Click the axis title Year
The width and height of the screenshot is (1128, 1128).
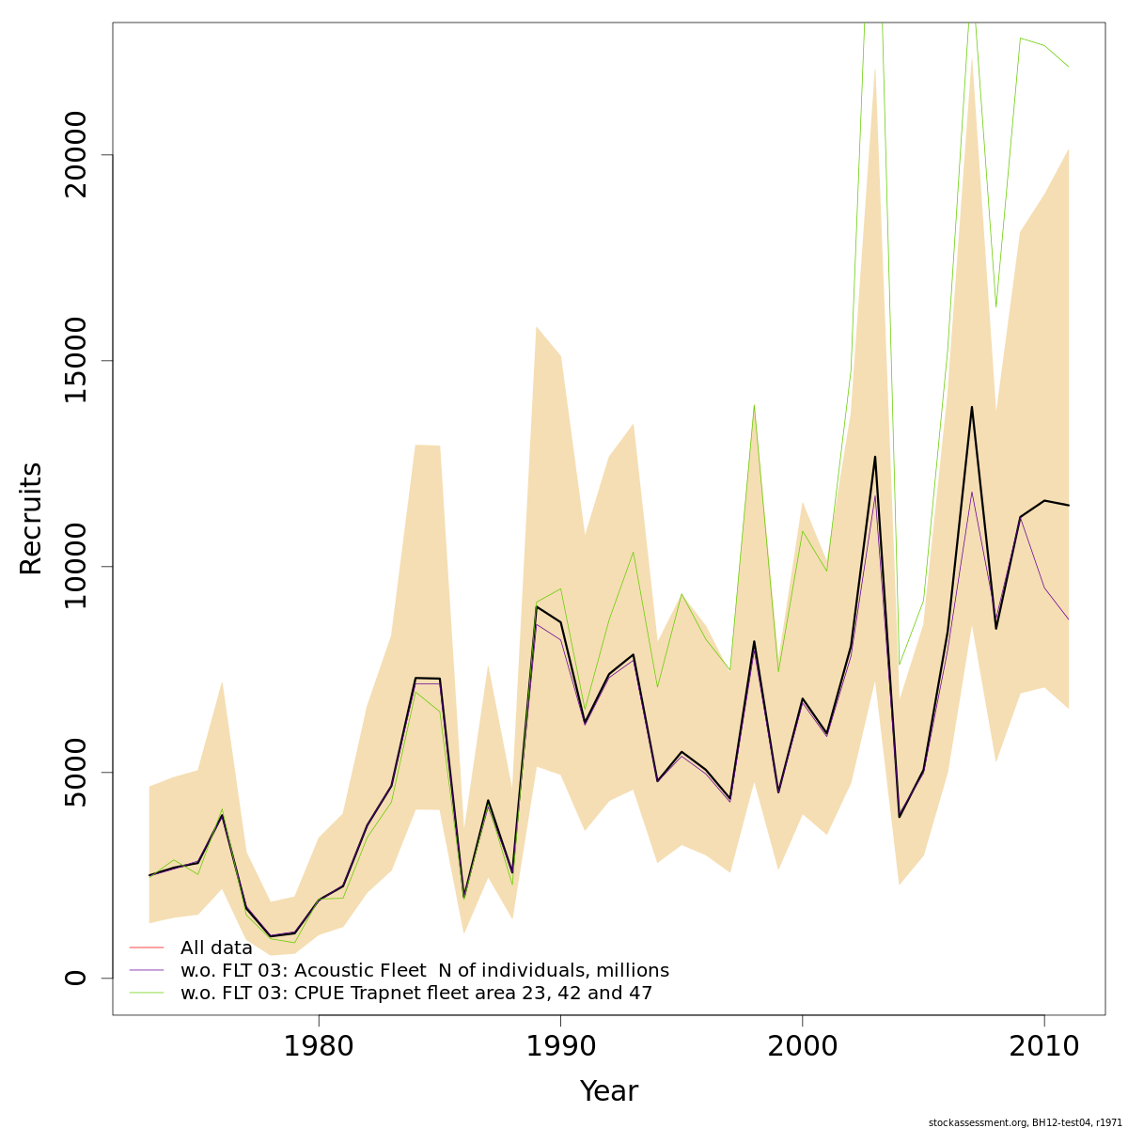pyautogui.click(x=608, y=1091)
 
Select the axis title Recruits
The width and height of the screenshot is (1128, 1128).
pyautogui.click(x=31, y=518)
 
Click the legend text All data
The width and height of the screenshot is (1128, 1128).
pyautogui.click(x=216, y=948)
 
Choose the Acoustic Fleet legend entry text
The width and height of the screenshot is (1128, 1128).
pyautogui.click(x=425, y=970)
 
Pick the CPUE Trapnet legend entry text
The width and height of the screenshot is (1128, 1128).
pyautogui.click(x=416, y=993)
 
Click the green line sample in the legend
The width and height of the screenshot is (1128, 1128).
pyautogui.click(x=147, y=993)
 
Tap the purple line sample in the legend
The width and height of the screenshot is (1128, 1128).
pyautogui.click(x=147, y=970)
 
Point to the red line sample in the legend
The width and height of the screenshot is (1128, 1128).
pyautogui.click(x=147, y=948)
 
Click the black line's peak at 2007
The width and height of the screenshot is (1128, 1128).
pyautogui.click(x=971, y=407)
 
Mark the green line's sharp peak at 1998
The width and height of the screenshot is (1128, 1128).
pyautogui.click(x=754, y=405)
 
